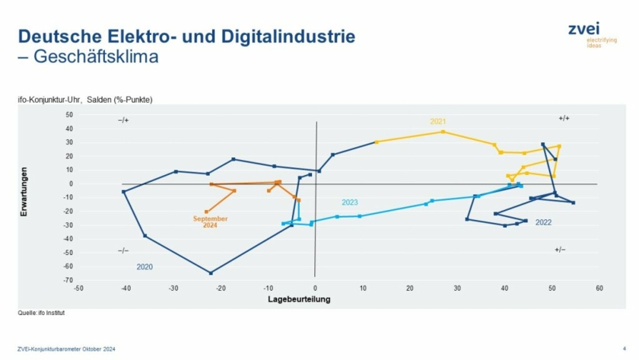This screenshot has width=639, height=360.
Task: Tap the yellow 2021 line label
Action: point(437,122)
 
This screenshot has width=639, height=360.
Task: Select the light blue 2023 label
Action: point(350,202)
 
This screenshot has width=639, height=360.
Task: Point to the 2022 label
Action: point(543,223)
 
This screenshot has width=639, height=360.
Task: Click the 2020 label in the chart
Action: point(145,267)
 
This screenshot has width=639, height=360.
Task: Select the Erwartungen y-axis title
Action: point(25,195)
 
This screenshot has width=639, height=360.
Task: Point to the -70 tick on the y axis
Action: point(68,280)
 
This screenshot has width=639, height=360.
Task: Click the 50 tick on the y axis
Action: point(69,115)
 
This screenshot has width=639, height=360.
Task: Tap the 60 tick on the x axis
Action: point(599,288)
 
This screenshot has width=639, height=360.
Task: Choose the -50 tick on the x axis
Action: point(78,288)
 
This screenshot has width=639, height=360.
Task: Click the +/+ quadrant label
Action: point(564,119)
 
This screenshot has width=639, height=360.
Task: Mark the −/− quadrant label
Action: point(124,250)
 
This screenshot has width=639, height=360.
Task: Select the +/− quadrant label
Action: point(560,250)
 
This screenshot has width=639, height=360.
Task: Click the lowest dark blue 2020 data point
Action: point(211,272)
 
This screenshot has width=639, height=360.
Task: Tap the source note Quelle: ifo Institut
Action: point(38,313)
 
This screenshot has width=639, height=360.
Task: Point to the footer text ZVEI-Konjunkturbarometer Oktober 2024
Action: point(65,349)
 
